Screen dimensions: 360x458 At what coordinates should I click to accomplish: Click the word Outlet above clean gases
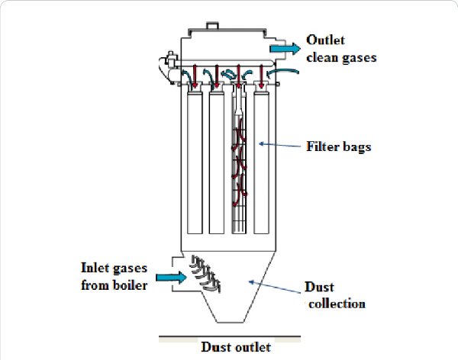coord(325,40)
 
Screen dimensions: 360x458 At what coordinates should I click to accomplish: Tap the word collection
coord(335,304)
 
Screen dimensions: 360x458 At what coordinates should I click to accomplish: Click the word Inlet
coord(98,268)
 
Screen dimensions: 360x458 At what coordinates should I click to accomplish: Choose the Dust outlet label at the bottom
coord(235,348)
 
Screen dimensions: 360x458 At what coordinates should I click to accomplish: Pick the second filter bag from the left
coord(218,160)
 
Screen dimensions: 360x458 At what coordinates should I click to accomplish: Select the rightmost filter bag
coord(262,160)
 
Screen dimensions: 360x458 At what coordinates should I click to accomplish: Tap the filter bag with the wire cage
coord(240,160)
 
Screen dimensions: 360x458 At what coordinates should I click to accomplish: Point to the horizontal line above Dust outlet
coord(229,336)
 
